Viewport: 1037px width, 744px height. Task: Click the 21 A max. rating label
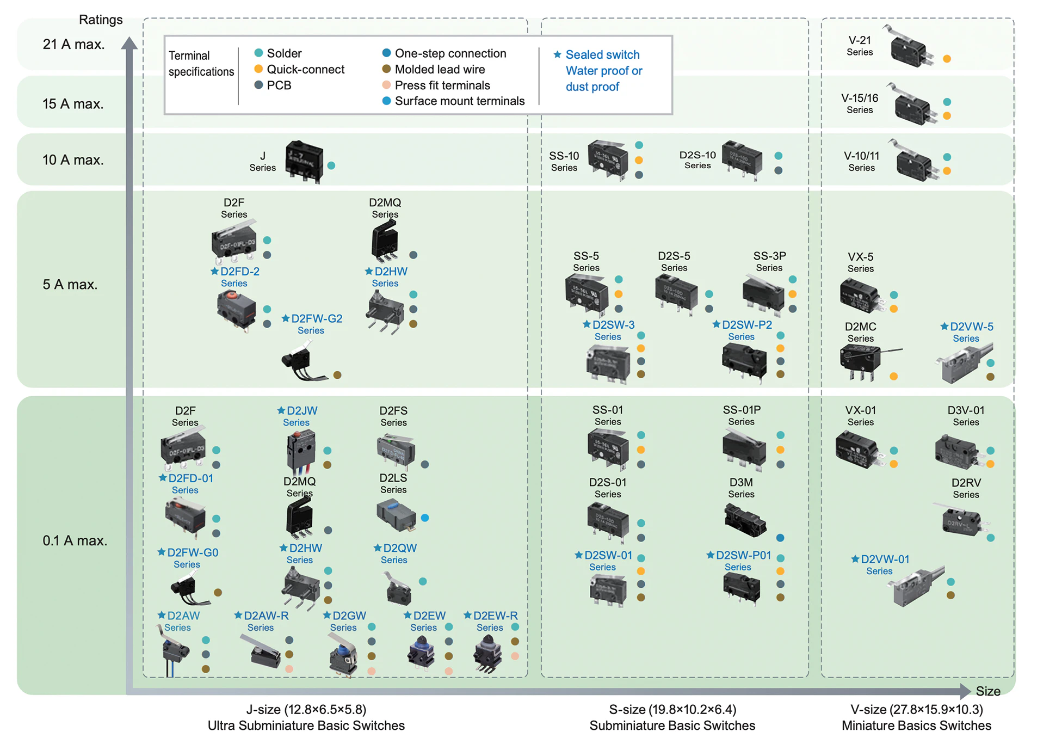(x=73, y=44)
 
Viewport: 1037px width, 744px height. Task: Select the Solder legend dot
(x=258, y=53)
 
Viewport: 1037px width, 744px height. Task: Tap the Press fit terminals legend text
(x=442, y=85)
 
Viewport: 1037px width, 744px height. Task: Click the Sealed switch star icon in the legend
(x=557, y=54)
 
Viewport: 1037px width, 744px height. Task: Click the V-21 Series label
(x=860, y=46)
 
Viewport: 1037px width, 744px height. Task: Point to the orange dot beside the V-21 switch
(x=947, y=59)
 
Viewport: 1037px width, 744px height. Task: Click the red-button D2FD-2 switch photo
(x=236, y=309)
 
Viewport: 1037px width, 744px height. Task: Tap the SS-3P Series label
(x=769, y=261)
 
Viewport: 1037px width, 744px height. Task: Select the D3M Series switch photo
(x=745, y=520)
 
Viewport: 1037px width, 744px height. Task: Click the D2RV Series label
(x=966, y=488)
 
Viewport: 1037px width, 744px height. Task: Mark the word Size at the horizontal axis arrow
(x=988, y=691)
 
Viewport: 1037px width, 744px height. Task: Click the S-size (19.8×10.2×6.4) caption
(x=672, y=709)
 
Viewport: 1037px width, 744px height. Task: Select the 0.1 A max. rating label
(x=75, y=540)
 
